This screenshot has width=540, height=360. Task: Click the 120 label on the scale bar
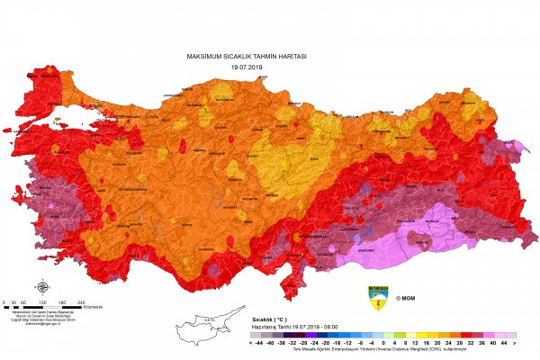tap(42, 301)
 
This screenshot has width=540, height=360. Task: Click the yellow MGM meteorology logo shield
tap(379, 297)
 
